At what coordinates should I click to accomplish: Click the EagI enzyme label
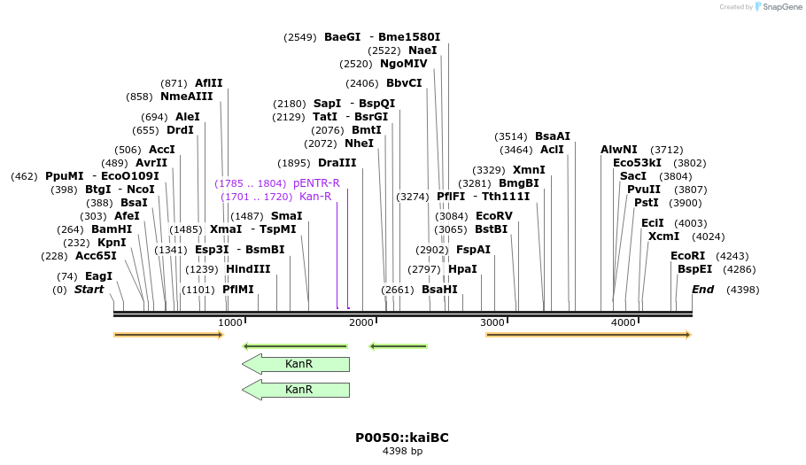[x=98, y=276]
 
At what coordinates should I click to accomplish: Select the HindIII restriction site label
[x=248, y=269]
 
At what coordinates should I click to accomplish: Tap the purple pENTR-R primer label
[x=316, y=183]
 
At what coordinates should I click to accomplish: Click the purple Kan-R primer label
[x=315, y=197]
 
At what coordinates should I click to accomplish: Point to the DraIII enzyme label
[x=337, y=163]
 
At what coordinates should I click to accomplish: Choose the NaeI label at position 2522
[x=422, y=50]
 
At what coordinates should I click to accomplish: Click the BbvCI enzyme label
[x=404, y=83]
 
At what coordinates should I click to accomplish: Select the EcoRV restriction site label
[x=494, y=216]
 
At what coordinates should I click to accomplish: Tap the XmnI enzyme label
[x=529, y=170]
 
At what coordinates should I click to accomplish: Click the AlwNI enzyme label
[x=618, y=150]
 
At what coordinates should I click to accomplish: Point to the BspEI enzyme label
[x=694, y=269]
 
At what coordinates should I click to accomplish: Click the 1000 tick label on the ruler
[x=230, y=322]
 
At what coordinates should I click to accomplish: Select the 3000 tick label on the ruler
[x=492, y=322]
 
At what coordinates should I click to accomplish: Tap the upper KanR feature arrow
[x=296, y=364]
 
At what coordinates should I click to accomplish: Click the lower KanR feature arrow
[x=296, y=390]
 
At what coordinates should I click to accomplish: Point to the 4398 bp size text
[x=402, y=452]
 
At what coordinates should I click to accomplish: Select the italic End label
[x=702, y=290]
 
